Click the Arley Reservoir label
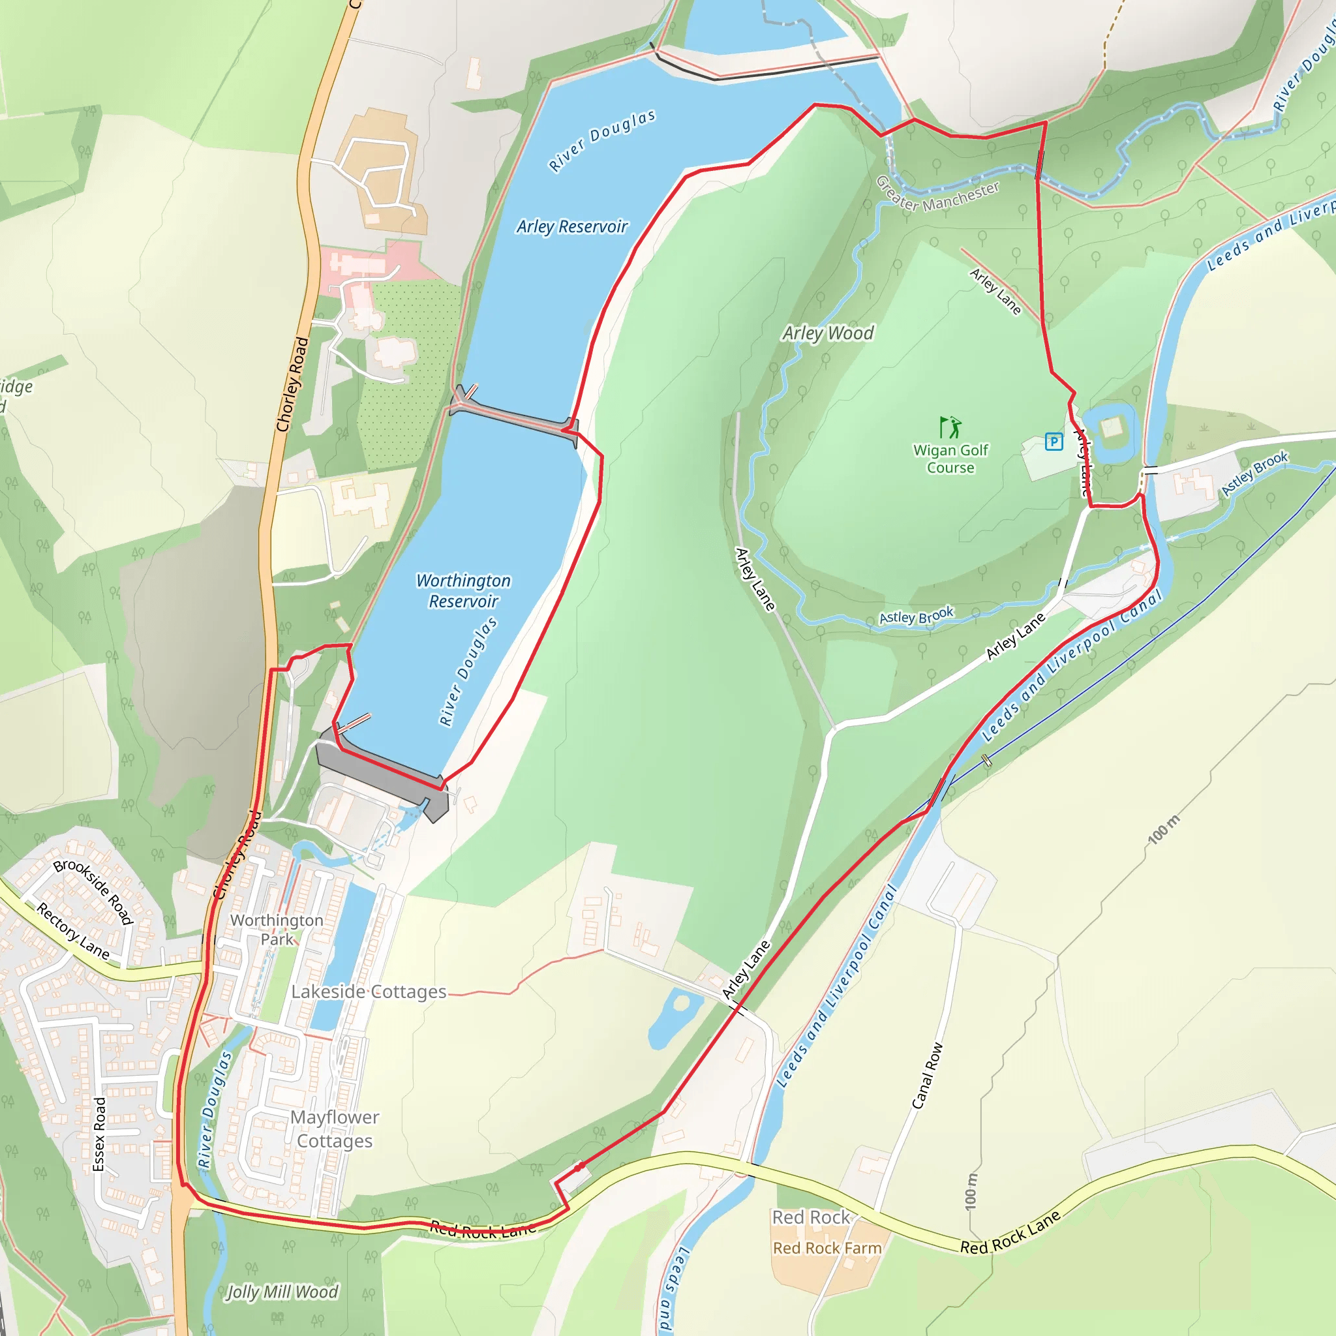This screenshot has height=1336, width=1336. click(x=572, y=227)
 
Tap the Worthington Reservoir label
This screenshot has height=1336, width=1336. click(x=463, y=590)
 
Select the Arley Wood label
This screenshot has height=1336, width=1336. click(x=828, y=333)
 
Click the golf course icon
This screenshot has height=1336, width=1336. click(x=950, y=427)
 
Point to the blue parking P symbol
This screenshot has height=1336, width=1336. click(x=1053, y=441)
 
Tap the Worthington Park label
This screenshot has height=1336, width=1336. click(x=277, y=930)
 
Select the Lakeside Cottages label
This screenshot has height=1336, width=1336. click(x=369, y=992)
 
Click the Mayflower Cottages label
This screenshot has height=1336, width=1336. click(x=335, y=1129)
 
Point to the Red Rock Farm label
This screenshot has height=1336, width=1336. click(x=827, y=1247)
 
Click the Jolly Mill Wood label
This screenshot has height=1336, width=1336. click(x=282, y=1292)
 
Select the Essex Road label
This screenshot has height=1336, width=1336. click(x=100, y=1134)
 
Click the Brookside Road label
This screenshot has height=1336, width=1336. click(x=93, y=891)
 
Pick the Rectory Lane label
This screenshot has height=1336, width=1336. click(x=72, y=931)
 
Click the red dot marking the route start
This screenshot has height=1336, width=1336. click(x=579, y=1166)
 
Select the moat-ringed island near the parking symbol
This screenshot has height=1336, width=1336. click(x=1110, y=428)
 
